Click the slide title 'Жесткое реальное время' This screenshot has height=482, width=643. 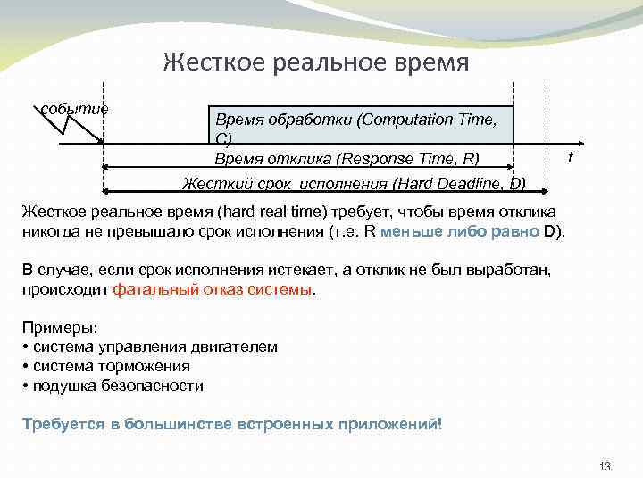pyautogui.click(x=316, y=62)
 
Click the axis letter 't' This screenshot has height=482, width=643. pyautogui.click(x=571, y=158)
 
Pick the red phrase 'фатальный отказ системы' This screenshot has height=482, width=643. pyautogui.click(x=212, y=290)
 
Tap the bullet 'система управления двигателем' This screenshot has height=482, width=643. pyautogui.click(x=152, y=346)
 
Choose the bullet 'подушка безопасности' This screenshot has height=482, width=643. pyautogui.click(x=117, y=386)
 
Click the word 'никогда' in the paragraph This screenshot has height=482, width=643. pyautogui.click(x=51, y=231)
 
